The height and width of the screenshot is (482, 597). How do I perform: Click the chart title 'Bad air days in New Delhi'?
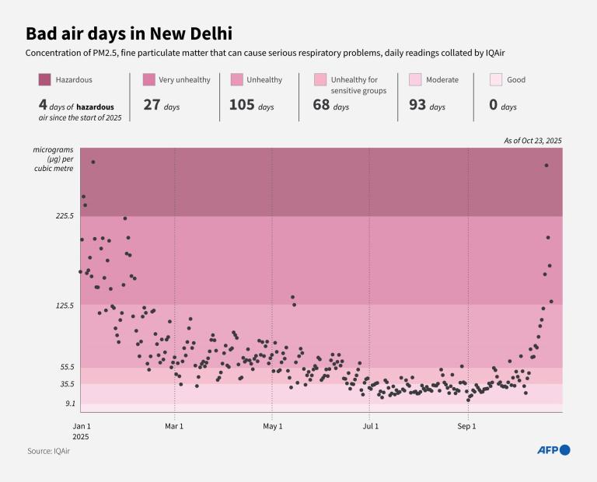point(128,33)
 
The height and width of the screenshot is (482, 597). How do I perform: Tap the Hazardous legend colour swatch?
point(44,79)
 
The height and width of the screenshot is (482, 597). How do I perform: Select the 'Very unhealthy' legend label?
point(184,79)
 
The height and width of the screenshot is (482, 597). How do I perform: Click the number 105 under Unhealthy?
point(242,105)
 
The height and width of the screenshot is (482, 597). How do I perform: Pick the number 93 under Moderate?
point(417,105)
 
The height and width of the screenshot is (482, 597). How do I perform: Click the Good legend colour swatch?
point(495,79)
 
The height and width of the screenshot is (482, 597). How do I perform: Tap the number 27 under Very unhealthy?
point(151,105)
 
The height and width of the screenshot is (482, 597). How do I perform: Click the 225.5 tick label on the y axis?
point(64,216)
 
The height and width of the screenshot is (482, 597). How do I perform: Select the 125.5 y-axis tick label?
point(64,306)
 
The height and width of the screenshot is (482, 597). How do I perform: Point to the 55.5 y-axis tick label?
point(66,367)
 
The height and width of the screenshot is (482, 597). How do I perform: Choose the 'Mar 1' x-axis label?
point(175,426)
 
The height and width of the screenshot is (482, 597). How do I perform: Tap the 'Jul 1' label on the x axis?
point(370,426)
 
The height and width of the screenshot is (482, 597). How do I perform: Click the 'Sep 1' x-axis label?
point(466,426)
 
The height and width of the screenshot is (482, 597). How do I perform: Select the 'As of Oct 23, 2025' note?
point(532,141)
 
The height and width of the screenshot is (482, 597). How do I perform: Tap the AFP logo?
point(553,450)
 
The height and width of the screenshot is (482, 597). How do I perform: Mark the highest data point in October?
point(546,165)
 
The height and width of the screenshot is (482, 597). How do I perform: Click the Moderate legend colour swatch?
point(415,79)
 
